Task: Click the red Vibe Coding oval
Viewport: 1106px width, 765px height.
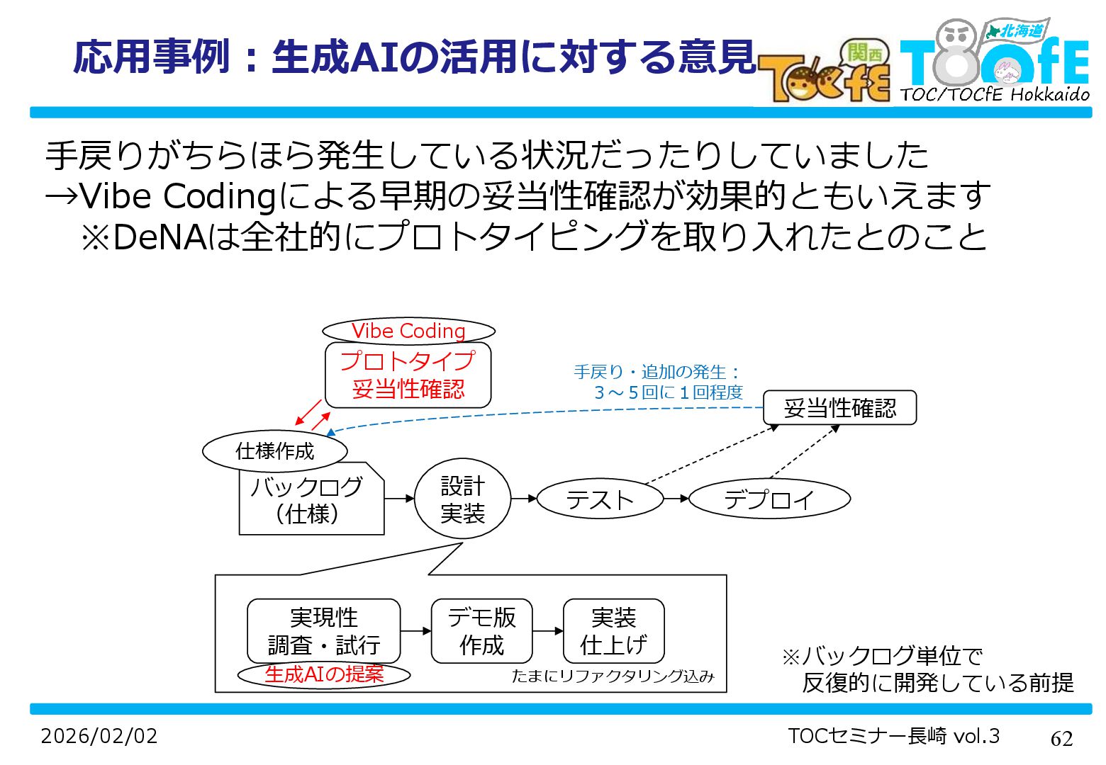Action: [x=408, y=331]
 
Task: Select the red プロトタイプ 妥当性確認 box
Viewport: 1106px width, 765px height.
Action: [x=408, y=375]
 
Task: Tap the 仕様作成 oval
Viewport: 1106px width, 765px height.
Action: [x=275, y=451]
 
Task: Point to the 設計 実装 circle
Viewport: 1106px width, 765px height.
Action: [x=462, y=499]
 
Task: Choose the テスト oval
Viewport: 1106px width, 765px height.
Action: [x=600, y=499]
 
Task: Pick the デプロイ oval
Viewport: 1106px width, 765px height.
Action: [x=769, y=499]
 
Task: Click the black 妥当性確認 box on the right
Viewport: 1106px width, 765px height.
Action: [x=839, y=408]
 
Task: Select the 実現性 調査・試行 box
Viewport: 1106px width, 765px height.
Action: [x=323, y=631]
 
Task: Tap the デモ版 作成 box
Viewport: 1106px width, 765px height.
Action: [x=481, y=631]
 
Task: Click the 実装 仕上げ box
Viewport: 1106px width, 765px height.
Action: [x=613, y=631]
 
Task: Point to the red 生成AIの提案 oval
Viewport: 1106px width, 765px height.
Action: [x=324, y=674]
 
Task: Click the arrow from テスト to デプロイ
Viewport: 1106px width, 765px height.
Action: [x=676, y=499]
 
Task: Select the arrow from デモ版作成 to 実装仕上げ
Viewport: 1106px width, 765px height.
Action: [x=547, y=631]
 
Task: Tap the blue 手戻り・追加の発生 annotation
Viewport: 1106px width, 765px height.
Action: [x=658, y=382]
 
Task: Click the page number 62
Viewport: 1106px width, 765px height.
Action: [x=1061, y=739]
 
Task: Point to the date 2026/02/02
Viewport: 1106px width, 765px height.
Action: [x=99, y=736]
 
